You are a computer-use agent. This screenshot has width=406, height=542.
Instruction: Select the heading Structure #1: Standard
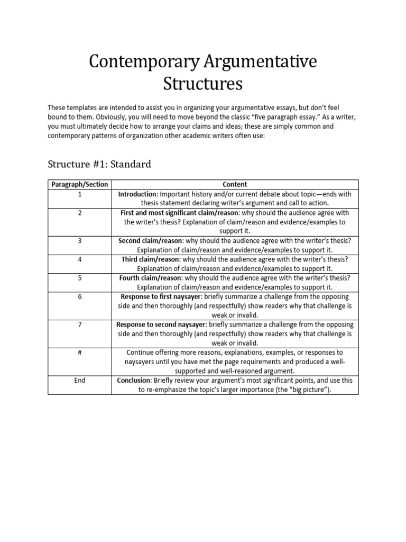tap(99, 164)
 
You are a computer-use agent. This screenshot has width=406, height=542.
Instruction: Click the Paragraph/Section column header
tap(79, 185)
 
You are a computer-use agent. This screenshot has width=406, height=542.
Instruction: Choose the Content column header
tap(235, 185)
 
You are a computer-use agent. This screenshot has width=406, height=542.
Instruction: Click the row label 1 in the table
tap(79, 194)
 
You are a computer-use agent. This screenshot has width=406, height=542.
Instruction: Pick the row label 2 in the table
tap(79, 213)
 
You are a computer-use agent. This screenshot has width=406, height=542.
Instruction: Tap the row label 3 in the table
tap(79, 241)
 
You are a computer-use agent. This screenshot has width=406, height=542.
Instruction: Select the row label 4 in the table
tap(79, 260)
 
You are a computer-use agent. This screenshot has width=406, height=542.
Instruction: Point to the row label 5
tap(79, 278)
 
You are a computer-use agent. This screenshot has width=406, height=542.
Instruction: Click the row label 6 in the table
tap(79, 297)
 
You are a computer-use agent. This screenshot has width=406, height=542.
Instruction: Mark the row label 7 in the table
tap(79, 324)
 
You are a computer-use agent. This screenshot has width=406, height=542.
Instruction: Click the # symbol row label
tap(79, 353)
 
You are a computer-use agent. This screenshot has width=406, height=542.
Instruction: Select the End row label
tap(79, 381)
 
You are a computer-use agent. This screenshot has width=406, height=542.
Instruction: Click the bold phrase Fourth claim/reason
tap(150, 278)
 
